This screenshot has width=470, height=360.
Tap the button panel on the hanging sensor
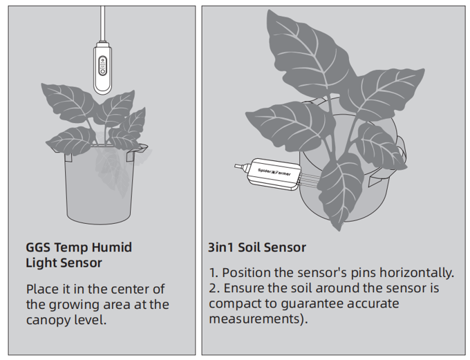point(102,66)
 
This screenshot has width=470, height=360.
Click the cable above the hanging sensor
point(102,23)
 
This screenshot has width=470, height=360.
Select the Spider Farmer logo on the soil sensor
point(274,172)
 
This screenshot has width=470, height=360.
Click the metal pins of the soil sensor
point(310,180)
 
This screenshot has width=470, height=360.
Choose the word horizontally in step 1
point(417,273)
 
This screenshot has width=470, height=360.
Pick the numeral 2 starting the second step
point(212,288)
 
